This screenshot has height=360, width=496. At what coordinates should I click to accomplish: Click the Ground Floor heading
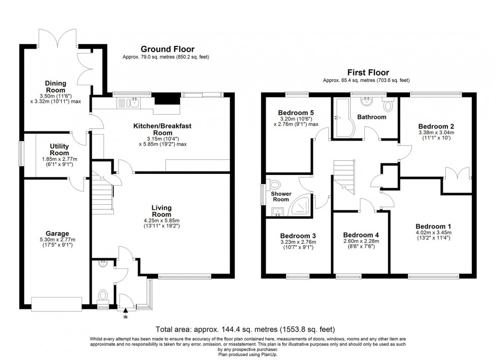[x=168, y=49]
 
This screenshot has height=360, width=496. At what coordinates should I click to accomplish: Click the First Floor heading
[x=367, y=72]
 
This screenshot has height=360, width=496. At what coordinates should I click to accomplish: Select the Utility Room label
[x=59, y=149]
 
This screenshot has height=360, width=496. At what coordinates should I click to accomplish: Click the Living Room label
[x=161, y=211]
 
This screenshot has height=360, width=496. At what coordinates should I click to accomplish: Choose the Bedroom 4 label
[x=361, y=235]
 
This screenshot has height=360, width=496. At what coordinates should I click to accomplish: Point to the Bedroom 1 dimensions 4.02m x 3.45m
[x=433, y=236]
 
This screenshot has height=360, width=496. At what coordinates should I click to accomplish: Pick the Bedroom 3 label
[x=298, y=235]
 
